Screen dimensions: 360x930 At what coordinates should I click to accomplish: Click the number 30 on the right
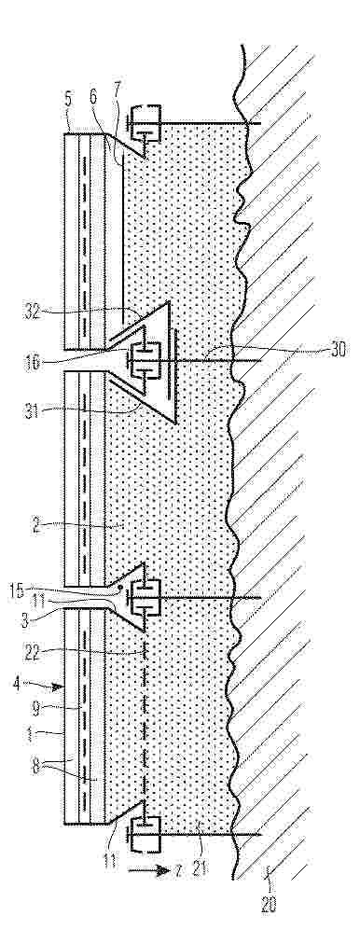tap(339, 350)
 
